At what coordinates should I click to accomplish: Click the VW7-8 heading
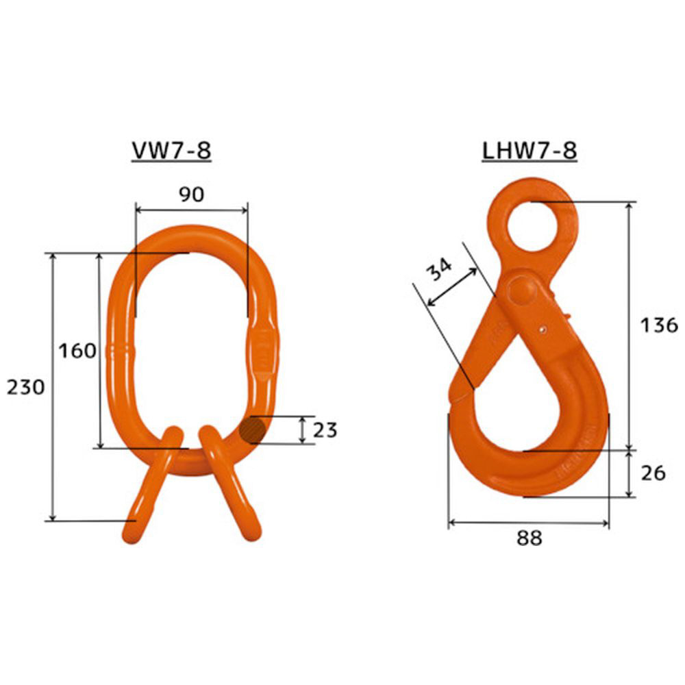pos(171,151)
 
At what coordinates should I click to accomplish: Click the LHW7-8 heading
pos(530,151)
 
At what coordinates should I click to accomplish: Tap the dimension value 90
pos(192,195)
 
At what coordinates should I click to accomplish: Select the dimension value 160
pos(77,351)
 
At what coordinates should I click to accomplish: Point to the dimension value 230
pos(25,387)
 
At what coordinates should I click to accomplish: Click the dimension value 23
pos(325,430)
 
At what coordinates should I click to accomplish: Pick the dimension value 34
pos(438,269)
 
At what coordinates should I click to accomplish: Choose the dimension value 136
pos(659,325)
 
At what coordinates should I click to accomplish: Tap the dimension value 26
pos(653,473)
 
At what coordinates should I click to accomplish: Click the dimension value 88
pos(529,538)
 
